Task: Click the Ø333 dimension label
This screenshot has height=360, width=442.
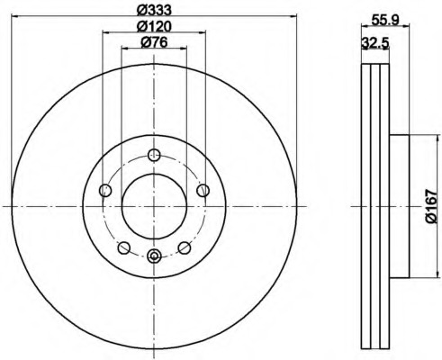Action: (154, 10)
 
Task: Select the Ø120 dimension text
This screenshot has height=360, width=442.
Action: (154, 26)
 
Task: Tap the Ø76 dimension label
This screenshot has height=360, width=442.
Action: (154, 42)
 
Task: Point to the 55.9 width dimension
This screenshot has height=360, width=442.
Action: (384, 20)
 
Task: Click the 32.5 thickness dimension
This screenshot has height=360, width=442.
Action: (375, 42)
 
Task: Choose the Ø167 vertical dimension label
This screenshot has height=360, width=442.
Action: (432, 206)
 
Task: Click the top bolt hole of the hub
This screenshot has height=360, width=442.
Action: (154, 155)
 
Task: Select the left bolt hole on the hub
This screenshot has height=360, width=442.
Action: (105, 190)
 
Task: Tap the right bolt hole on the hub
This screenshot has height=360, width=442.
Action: (203, 190)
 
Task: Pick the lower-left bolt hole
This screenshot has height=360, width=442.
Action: (124, 248)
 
